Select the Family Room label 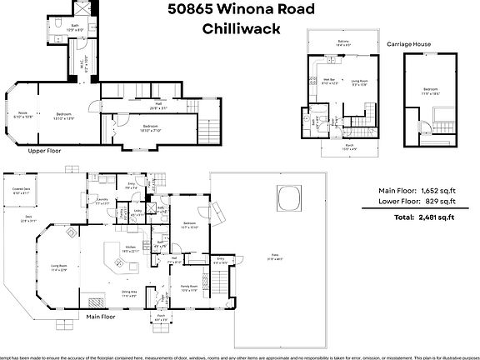click(x=188, y=288)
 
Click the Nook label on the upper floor click(x=22, y=113)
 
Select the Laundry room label click(x=102, y=201)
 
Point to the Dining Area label click(x=130, y=294)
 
